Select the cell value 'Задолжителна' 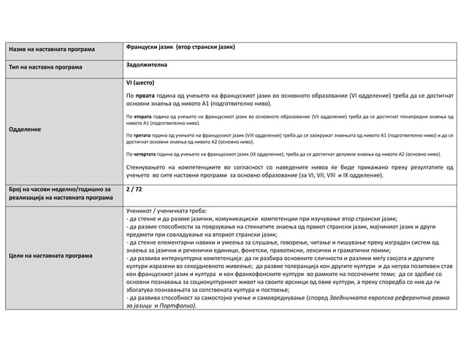point(147,65)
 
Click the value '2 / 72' point(134,189)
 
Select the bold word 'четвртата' point(146,154)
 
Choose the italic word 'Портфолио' point(180,305)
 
